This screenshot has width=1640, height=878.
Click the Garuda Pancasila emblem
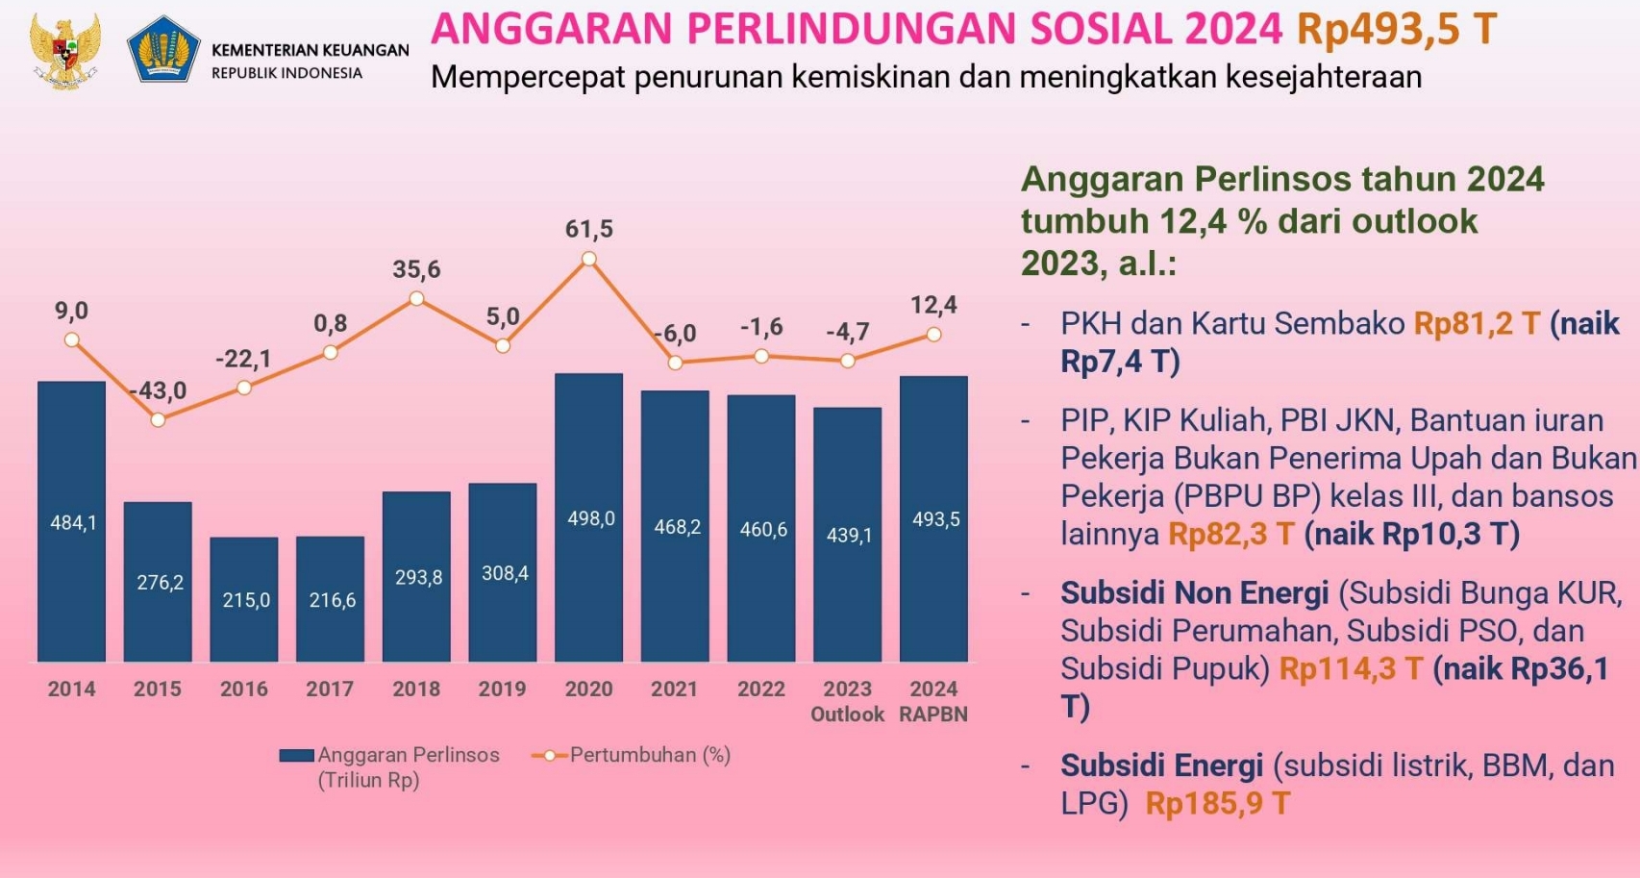click(64, 50)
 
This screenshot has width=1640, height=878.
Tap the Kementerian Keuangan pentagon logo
click(163, 49)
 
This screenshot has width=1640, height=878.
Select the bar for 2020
click(588, 517)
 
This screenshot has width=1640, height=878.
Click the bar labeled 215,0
click(244, 599)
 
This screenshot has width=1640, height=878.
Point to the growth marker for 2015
click(158, 420)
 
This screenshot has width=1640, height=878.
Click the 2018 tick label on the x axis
click(416, 689)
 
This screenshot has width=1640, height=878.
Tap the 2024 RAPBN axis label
click(933, 701)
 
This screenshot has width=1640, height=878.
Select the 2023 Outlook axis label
click(847, 701)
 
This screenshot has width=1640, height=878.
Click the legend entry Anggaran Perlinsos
click(389, 766)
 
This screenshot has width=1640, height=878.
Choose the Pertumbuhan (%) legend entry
click(632, 755)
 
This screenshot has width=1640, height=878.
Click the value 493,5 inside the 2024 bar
click(935, 519)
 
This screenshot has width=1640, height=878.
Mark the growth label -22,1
click(243, 359)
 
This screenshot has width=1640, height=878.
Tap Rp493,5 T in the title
click(1396, 29)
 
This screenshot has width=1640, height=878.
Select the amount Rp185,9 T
click(1217, 803)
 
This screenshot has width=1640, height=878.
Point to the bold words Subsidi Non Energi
click(1194, 592)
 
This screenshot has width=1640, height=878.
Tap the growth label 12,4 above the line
click(933, 305)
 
